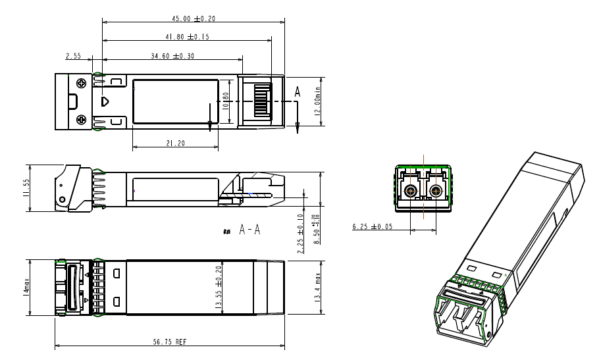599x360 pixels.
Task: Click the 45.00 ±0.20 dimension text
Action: click(193, 18)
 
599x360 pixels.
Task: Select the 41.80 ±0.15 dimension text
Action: click(187, 37)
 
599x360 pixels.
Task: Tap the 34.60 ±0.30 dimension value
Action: click(172, 56)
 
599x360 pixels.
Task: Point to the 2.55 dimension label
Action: click(73, 56)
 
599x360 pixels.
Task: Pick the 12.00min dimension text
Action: click(318, 101)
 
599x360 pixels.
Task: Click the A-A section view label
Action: click(249, 230)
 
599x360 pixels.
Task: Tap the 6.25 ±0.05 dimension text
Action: click(373, 227)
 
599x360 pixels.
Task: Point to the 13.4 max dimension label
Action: click(318, 288)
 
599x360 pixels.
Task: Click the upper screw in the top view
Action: click(82, 83)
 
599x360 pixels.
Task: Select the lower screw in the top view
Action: click(82, 119)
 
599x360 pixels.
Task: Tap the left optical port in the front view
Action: click(411, 192)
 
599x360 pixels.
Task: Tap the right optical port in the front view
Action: click(434, 192)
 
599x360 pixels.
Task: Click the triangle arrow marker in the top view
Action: click(105, 101)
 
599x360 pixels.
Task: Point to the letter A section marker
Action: click(298, 94)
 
